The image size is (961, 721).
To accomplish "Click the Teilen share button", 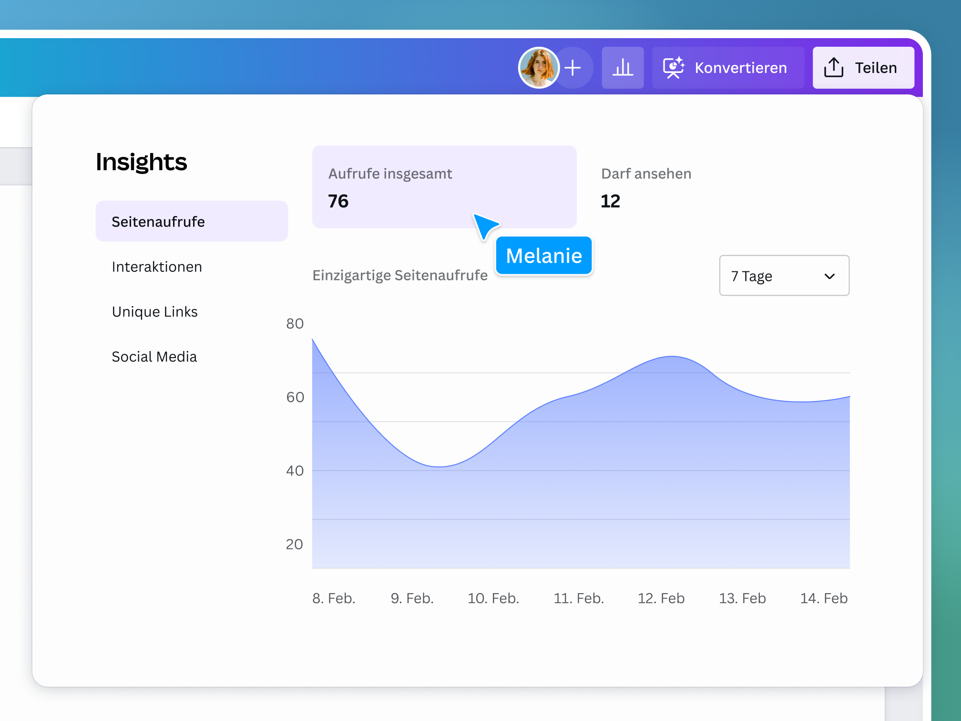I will coord(863,68).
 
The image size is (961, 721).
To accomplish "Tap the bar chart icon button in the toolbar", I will coord(623,68).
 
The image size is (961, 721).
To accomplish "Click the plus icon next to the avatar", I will coord(573,68).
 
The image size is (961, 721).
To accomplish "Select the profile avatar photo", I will coord(539,68).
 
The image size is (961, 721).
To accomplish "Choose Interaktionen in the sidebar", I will coord(157,267).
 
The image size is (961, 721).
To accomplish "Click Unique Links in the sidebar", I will coord(154,311).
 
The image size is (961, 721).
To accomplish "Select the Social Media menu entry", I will coord(154,357).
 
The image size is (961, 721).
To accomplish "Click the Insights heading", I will coord(141,162).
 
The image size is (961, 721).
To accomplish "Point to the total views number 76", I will coord(338,201).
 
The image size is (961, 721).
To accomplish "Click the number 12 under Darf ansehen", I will coord(610,201).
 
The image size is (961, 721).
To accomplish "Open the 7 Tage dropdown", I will coord(784,276).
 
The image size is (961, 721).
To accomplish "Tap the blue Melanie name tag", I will coord(544,256).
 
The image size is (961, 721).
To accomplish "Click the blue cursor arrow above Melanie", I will coord(484,226).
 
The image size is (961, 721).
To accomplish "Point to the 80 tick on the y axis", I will coord(295,324).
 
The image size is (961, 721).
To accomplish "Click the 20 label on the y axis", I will coord(295,544).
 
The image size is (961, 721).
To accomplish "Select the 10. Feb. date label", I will coord(493,598).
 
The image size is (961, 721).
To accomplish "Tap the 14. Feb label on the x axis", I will coord(823,598).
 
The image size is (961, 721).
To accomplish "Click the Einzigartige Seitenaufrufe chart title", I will coord(400,275).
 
